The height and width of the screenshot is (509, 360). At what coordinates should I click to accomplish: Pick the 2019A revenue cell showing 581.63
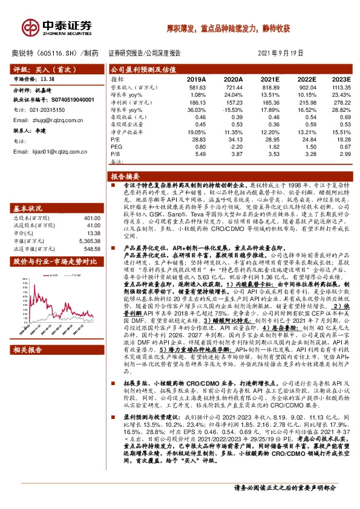[x=195, y=87]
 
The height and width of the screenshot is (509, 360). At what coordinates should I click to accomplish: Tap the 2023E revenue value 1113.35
[x=340, y=87]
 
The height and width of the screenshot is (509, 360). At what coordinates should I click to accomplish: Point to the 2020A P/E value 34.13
[x=233, y=139]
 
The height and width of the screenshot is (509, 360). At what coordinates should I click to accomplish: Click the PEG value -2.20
[x=233, y=146]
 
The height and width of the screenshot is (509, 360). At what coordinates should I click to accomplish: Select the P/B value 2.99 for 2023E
[x=344, y=154]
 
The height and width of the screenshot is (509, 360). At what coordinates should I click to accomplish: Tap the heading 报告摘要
[x=126, y=176]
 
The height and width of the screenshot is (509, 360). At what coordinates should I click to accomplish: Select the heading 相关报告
[x=28, y=349]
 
